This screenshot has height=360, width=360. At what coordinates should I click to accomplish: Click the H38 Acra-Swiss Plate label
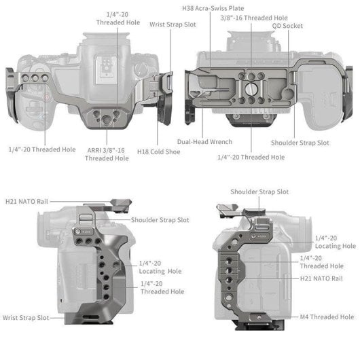[212, 8]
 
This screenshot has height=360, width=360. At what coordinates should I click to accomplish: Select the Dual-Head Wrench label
[204, 142]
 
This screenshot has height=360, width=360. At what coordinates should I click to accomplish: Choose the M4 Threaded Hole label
[327, 317]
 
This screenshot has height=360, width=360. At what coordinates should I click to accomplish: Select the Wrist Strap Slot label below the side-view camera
[25, 317]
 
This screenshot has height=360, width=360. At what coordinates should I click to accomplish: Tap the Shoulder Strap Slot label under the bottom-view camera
[300, 143]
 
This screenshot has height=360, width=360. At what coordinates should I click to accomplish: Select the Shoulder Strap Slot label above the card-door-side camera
[259, 192]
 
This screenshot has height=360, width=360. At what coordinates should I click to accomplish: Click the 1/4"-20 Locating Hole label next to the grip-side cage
[160, 267]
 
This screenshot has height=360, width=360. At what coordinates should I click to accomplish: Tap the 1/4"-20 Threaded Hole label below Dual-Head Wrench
[251, 157]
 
